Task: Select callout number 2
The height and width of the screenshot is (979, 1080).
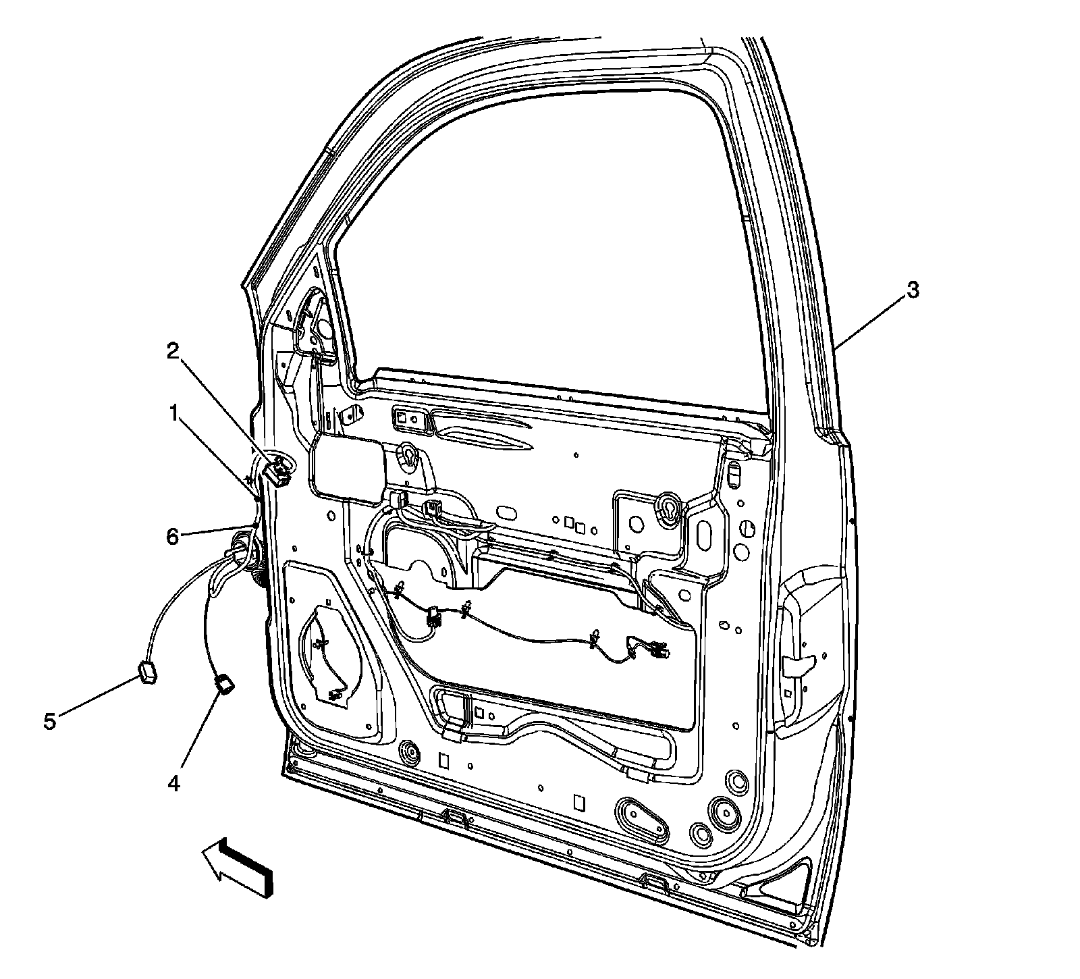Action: coord(174,350)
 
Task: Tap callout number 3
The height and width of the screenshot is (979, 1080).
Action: coord(911,291)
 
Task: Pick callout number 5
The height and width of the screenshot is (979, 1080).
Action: coord(49,721)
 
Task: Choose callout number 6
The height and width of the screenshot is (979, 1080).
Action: coord(173,537)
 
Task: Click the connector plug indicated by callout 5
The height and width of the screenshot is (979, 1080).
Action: coord(146,673)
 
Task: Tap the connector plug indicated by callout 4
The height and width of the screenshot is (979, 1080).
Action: coord(224,686)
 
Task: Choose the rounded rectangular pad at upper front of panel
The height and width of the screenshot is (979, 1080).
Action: coord(346,469)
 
